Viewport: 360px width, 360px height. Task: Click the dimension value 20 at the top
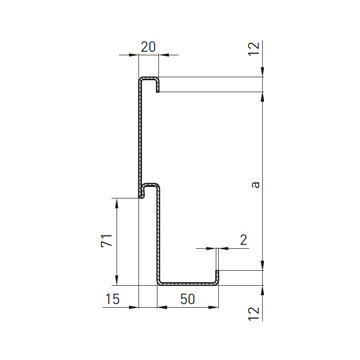point(148,47)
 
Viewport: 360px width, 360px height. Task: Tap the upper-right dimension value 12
point(254,49)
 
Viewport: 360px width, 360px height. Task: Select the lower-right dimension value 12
point(254,314)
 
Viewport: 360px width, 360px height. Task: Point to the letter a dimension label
point(255,184)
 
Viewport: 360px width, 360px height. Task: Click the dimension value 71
point(107,240)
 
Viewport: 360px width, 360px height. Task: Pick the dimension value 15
point(112,299)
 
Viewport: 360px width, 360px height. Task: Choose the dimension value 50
point(187,299)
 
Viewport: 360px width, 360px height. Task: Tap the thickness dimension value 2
point(244,240)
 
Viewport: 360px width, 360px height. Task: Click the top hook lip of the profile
point(158,85)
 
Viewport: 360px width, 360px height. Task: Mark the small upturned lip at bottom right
point(217,277)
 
